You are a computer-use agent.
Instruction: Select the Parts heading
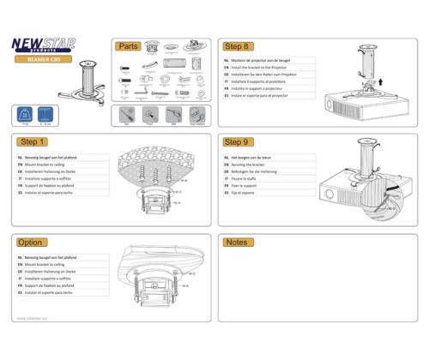click(129, 46)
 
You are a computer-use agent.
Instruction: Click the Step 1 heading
click(32, 142)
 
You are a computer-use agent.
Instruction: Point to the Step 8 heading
click(236, 46)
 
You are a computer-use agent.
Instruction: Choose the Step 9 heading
click(236, 142)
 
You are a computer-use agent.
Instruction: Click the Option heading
click(30, 243)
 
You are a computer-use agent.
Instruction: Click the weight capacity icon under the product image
click(23, 113)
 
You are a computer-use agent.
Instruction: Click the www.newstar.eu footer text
click(33, 318)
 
